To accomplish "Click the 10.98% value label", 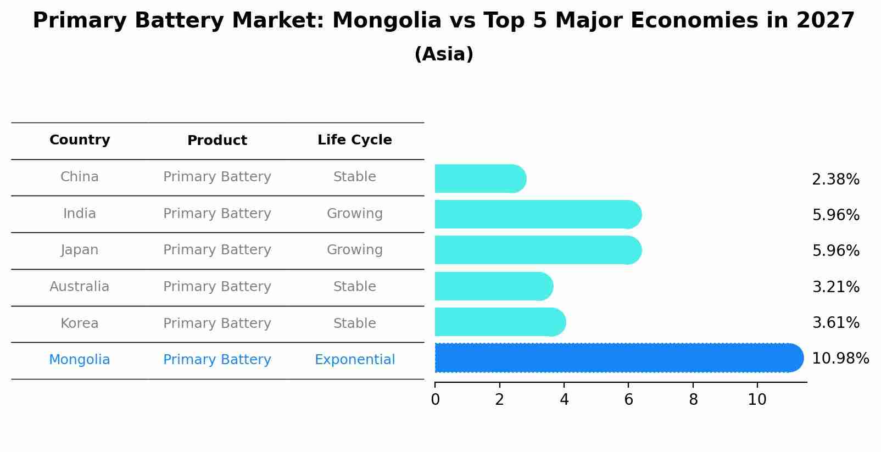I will pos(840,359).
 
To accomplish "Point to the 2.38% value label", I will pos(835,180).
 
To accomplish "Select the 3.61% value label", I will pos(835,323).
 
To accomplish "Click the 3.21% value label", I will pos(835,287).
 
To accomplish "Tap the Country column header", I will pos(80,140).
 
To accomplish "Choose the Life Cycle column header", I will pos(354,140).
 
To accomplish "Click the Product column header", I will pos(217,141).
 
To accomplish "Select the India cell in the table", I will pos(80,214).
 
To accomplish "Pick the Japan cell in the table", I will pos(80,250).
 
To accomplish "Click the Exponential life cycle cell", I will pos(354,360).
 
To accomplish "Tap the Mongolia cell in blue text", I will pos(80,360).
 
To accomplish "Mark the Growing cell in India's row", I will pos(354,214).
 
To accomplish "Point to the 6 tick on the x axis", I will pos(628,400).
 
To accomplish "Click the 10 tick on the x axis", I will pos(757,400).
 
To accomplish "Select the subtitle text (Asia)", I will pos(443,54).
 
